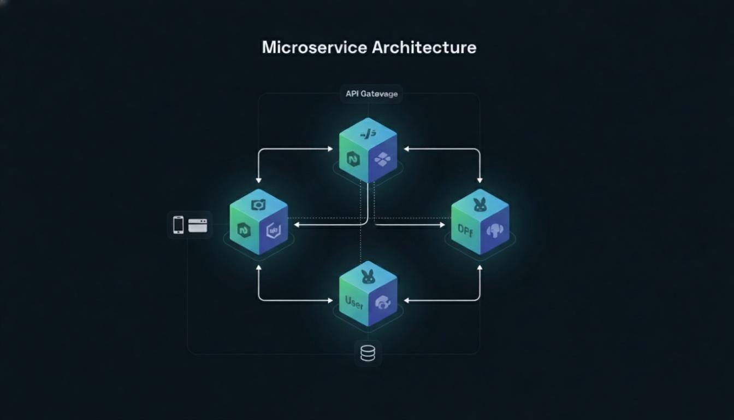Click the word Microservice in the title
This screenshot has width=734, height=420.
(x=314, y=47)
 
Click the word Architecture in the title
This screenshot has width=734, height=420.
(x=424, y=47)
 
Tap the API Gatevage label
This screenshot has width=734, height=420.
(x=371, y=94)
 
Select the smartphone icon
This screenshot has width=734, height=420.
(x=178, y=225)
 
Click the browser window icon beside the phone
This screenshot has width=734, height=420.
(x=198, y=225)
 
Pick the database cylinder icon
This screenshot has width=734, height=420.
(x=368, y=353)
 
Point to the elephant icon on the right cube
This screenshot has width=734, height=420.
(x=495, y=230)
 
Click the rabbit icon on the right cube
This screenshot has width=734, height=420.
(x=480, y=205)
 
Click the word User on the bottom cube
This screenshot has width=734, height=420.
(x=354, y=301)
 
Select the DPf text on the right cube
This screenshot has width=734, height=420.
(x=465, y=230)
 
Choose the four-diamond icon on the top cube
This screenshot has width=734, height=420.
(x=382, y=159)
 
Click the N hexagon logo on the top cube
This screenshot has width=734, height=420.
(x=353, y=159)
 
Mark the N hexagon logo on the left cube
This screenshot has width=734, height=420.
(x=244, y=230)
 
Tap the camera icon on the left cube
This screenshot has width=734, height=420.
(x=258, y=205)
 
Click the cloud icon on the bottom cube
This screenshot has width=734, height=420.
(x=383, y=302)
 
